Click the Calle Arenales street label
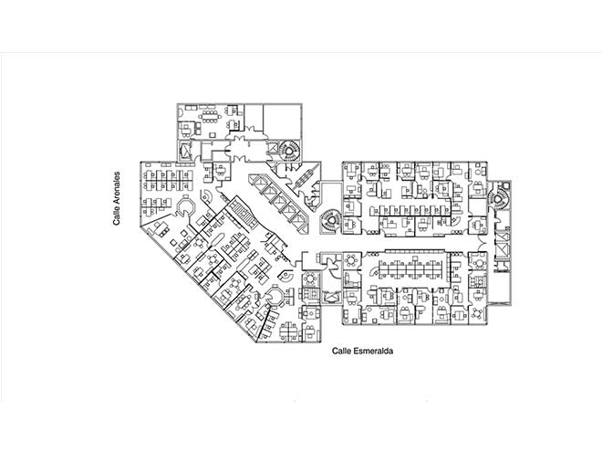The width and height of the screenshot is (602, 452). point(117,198)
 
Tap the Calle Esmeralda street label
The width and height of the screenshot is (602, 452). point(362,351)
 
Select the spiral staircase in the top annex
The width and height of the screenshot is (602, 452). point(290,151)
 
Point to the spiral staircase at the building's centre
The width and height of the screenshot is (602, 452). point(330,221)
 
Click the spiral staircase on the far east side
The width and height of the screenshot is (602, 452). point(499,198)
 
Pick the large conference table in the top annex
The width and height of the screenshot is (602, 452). point(209,116)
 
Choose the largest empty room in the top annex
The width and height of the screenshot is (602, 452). point(282,119)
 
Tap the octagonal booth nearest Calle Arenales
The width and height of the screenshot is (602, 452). point(186,206)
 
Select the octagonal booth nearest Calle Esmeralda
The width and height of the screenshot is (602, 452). point(275,296)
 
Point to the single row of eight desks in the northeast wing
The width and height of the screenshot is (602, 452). point(410,210)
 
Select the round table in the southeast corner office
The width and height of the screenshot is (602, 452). point(478,313)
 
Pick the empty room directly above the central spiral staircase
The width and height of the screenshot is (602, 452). point(331,195)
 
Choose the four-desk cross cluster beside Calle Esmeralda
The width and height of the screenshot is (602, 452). point(289,331)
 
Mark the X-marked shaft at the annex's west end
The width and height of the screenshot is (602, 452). point(185,151)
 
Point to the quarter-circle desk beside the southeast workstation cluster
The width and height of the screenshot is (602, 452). point(373,272)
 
